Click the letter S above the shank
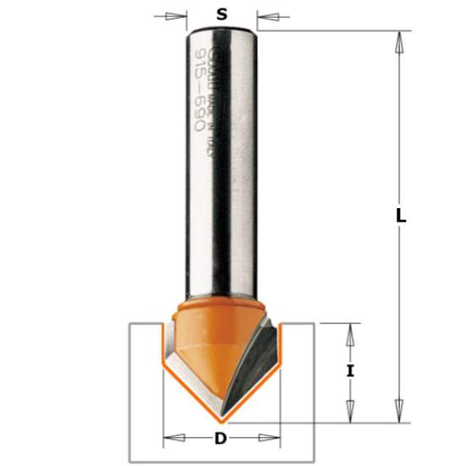click(x=222, y=14)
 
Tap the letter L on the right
click(x=402, y=216)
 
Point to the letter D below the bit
click(x=222, y=438)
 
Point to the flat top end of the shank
click(x=222, y=30)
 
